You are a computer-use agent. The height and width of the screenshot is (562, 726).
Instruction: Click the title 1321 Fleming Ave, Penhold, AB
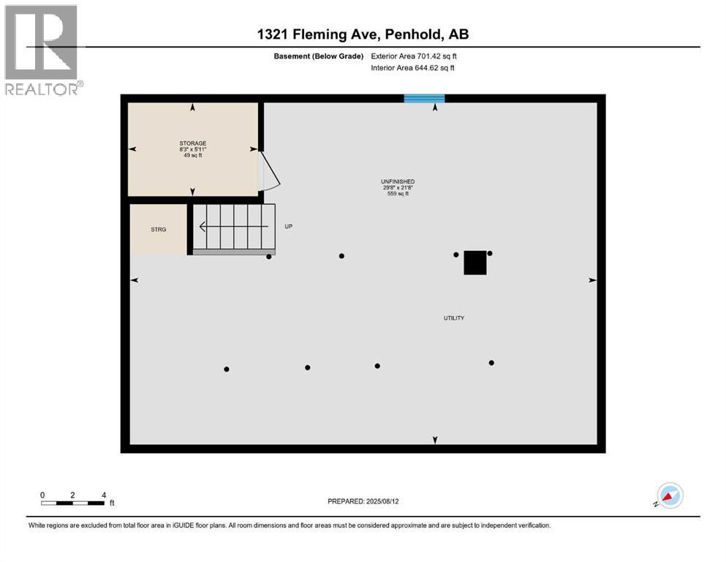click(362, 34)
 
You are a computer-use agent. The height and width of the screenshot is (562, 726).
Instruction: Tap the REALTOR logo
click(42, 50)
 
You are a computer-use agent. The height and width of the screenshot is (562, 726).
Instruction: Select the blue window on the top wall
click(424, 98)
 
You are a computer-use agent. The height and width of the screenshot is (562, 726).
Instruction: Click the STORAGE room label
click(193, 143)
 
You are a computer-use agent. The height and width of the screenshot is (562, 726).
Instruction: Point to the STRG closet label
click(159, 229)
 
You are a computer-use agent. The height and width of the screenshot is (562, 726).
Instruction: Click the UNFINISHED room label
click(398, 181)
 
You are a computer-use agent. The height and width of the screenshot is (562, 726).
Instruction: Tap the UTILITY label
click(454, 318)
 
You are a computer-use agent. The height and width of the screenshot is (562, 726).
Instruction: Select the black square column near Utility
click(475, 263)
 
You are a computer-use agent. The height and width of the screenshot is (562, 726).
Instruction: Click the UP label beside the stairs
click(289, 227)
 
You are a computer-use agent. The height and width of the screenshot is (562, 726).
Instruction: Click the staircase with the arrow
click(234, 227)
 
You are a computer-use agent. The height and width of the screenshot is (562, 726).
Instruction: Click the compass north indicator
click(670, 495)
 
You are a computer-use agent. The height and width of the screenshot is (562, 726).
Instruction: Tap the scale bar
click(73, 503)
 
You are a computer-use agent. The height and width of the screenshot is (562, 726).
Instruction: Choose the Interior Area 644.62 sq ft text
click(412, 68)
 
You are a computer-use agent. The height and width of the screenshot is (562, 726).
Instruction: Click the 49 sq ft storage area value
click(193, 156)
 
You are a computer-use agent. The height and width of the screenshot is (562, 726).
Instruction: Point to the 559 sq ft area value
click(398, 194)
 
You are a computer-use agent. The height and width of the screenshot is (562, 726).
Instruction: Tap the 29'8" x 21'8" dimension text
click(398, 187)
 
